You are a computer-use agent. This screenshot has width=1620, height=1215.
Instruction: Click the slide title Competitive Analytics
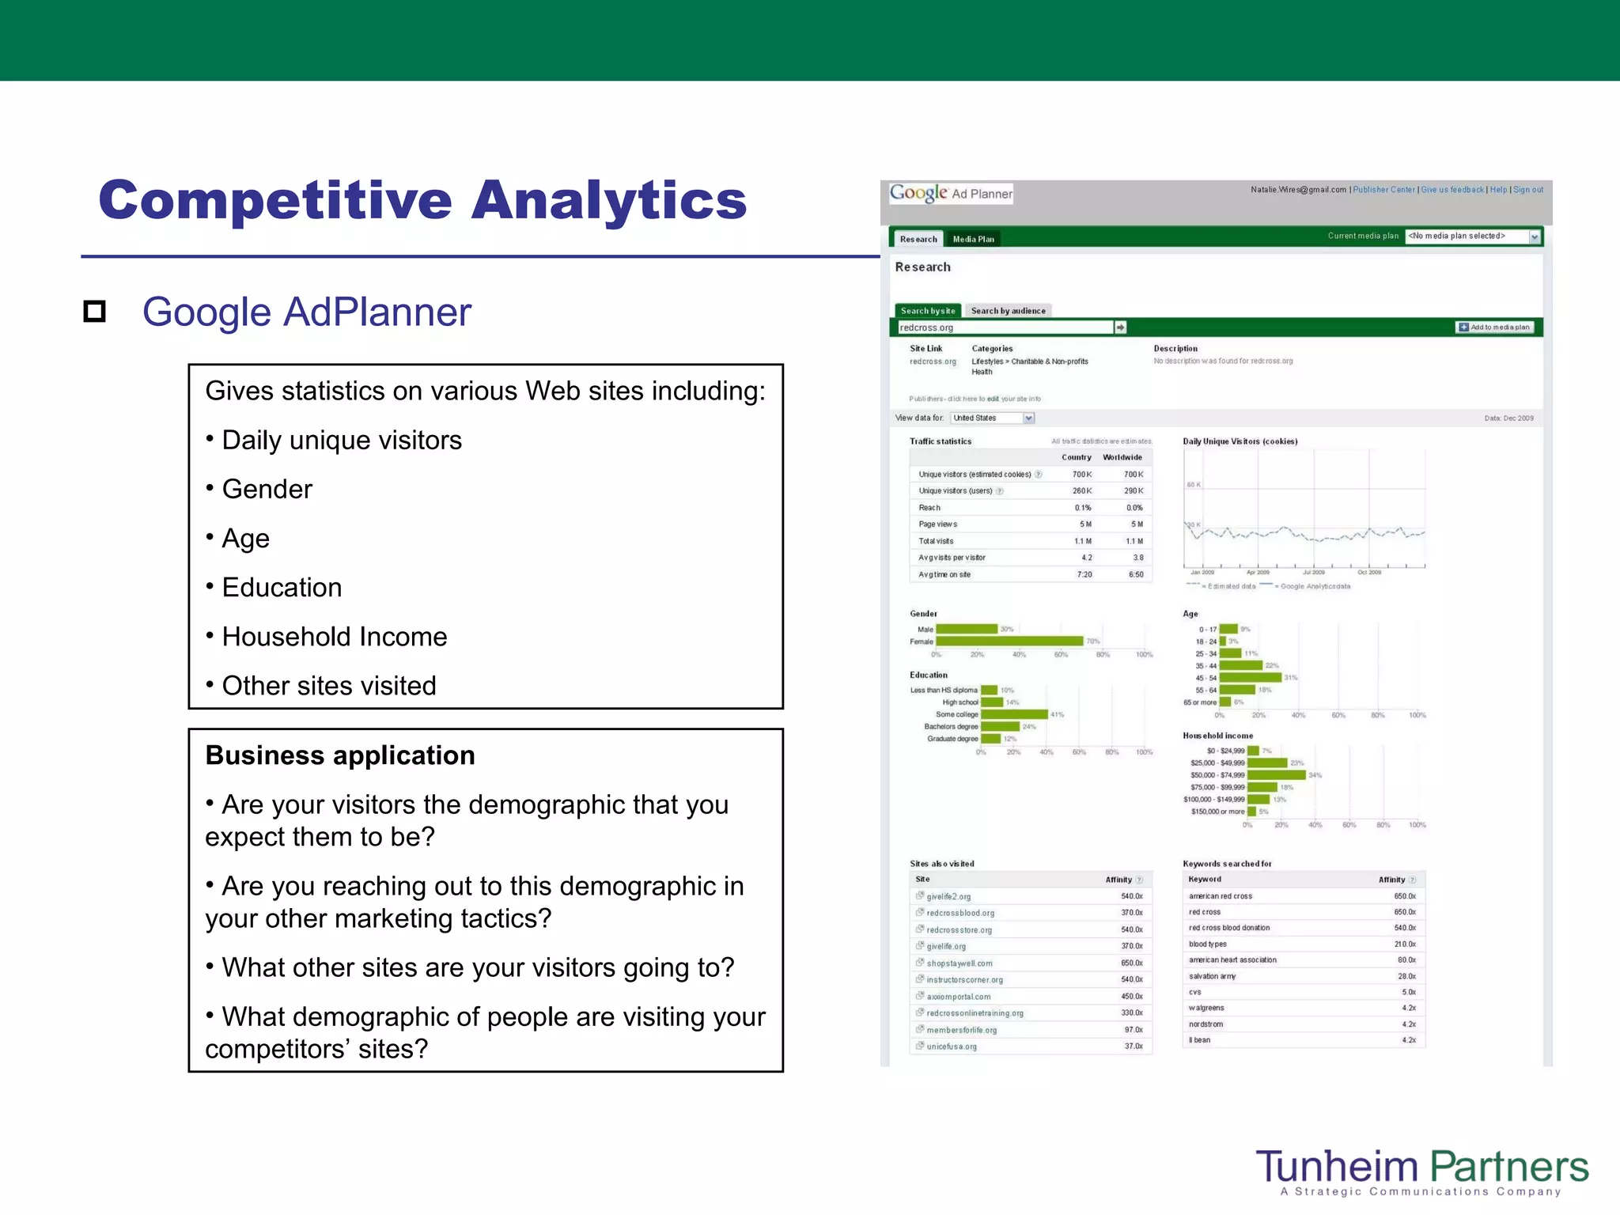click(x=422, y=200)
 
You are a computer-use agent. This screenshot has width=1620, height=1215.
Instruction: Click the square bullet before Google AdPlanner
click(x=95, y=312)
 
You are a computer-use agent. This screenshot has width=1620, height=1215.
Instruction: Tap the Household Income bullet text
click(x=334, y=637)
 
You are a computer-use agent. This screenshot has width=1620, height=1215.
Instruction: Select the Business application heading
click(x=340, y=755)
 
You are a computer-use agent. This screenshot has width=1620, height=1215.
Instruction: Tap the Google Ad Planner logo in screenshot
click(x=950, y=193)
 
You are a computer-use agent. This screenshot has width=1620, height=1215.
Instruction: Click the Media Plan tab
click(x=973, y=239)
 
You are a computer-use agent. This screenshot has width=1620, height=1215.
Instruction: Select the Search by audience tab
click(x=1008, y=311)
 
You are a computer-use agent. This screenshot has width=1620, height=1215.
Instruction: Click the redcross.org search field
click(x=1005, y=327)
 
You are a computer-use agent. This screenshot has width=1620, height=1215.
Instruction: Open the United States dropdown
click(x=993, y=418)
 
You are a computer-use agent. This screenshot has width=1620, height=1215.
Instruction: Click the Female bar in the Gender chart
click(x=1009, y=642)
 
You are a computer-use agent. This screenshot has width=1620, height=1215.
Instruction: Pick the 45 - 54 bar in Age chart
click(x=1250, y=678)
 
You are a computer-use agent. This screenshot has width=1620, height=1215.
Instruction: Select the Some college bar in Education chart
click(x=1015, y=714)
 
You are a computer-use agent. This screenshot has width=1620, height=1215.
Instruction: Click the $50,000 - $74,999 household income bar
click(x=1275, y=775)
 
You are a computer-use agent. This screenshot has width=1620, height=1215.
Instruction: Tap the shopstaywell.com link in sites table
click(x=959, y=963)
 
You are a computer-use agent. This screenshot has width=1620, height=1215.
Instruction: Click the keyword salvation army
click(x=1212, y=976)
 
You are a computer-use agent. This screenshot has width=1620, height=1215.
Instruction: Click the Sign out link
click(x=1527, y=190)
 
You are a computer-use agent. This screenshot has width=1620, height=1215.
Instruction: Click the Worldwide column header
click(x=1122, y=457)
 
